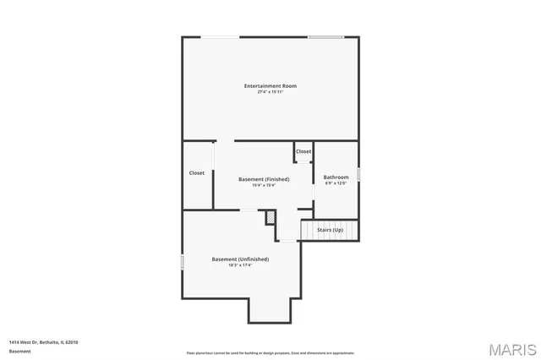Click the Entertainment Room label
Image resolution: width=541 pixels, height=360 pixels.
(270, 85)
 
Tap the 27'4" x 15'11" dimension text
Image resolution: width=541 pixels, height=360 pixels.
(270, 92)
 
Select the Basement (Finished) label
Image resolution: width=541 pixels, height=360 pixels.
(264, 178)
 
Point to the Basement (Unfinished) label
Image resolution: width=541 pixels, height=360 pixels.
(240, 259)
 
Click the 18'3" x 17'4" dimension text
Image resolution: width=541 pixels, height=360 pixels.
(240, 265)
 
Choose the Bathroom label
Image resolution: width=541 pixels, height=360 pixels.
(336, 177)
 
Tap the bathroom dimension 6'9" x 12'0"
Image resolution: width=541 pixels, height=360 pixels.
(336, 183)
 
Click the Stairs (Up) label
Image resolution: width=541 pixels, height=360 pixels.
(330, 230)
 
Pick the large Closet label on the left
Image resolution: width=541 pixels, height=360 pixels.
(197, 172)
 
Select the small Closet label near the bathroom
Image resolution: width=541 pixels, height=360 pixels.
(303, 151)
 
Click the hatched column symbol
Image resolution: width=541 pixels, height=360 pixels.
(270, 217)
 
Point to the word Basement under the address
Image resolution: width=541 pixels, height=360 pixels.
(19, 350)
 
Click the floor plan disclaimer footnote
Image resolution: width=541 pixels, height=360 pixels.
(270, 352)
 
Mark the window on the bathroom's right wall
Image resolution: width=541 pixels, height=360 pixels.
(359, 174)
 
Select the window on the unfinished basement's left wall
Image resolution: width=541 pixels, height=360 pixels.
(183, 262)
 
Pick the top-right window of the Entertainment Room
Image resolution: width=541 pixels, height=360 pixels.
(325, 36)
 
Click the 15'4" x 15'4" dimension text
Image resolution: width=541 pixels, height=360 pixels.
(264, 185)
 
